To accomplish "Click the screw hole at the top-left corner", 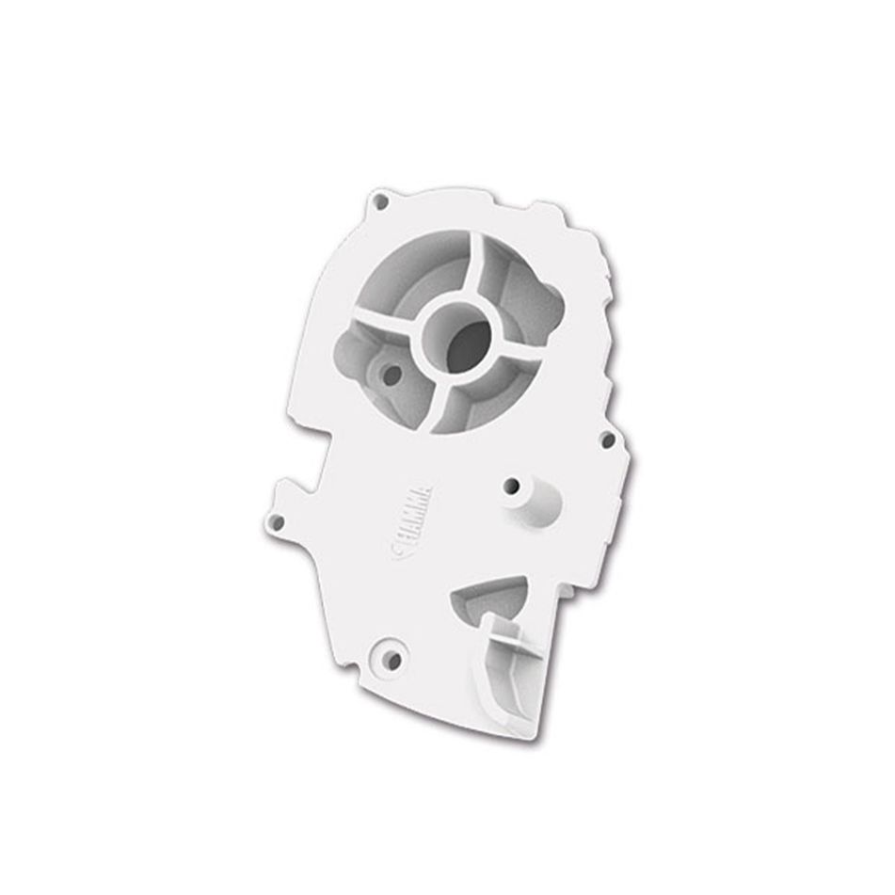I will (380, 201).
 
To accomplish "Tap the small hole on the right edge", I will (607, 440).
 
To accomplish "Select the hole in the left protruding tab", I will (277, 520).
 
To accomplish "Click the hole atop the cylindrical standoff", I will (512, 487).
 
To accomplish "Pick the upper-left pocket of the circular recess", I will (414, 273).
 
